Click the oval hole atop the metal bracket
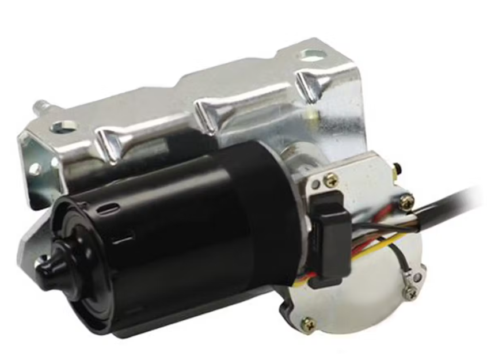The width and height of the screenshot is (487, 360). pos(311,56)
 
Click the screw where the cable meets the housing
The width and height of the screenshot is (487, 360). pos(406,201)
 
